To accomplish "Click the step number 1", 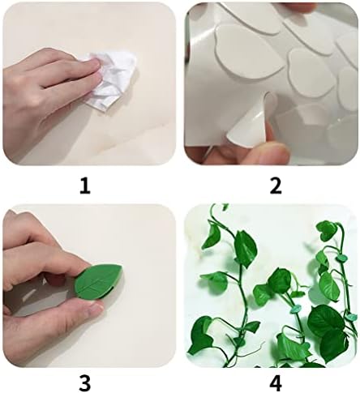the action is click(x=85, y=186).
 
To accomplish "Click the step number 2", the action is click(x=276, y=186).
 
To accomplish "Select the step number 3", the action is click(x=85, y=382).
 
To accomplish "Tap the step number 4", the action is click(x=276, y=382).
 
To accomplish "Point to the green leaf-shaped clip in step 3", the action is click(x=98, y=281).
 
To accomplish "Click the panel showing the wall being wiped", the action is click(x=89, y=83).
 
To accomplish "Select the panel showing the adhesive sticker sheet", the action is click(x=272, y=83).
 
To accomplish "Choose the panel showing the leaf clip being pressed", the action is click(x=89, y=286).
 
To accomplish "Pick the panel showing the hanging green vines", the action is click(x=272, y=286).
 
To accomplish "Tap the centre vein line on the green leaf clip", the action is click(x=98, y=281).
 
